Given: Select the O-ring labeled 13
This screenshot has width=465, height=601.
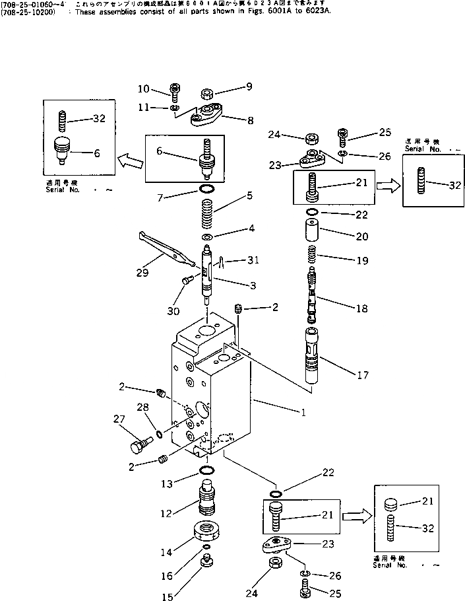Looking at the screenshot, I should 206,470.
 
